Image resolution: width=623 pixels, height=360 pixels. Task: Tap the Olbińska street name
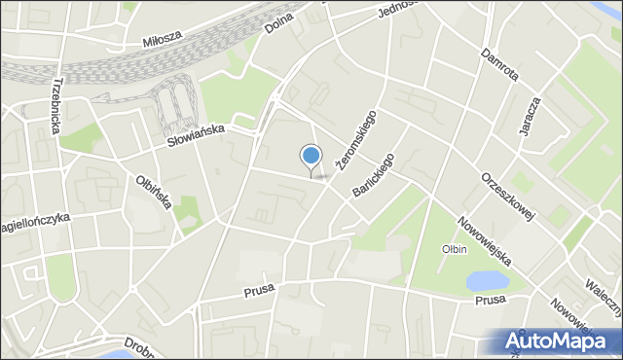[x=154, y=191]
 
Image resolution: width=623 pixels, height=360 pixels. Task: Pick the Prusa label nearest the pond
[x=491, y=301]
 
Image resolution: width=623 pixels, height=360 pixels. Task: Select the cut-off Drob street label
[x=143, y=349]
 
